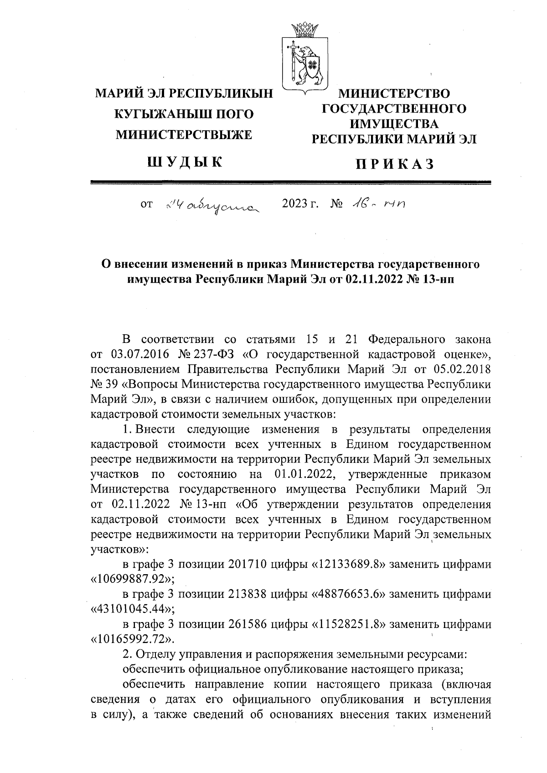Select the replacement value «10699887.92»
pyautogui.click(x=133, y=580)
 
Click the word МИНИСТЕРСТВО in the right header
pyautogui.click(x=394, y=94)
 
